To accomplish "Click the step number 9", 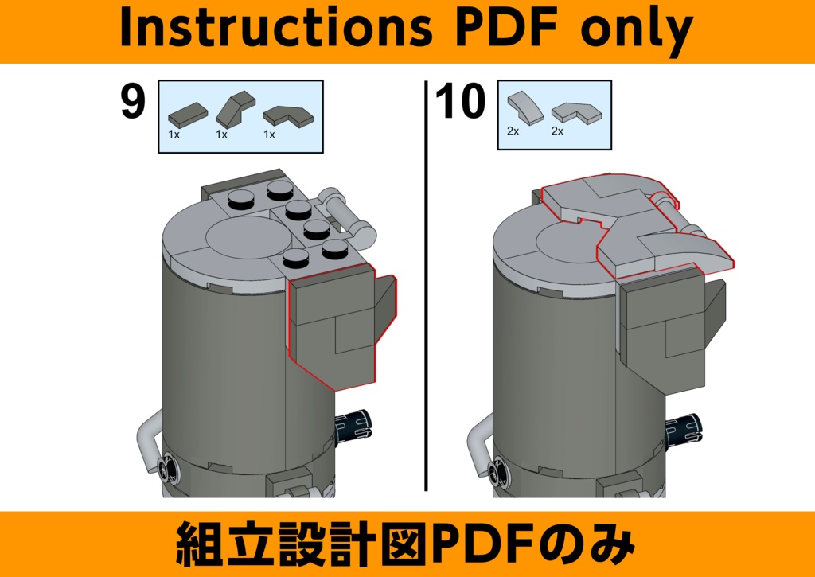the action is tap(133, 101).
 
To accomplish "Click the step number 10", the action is tap(461, 101).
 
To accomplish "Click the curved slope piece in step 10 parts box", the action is tap(525, 107).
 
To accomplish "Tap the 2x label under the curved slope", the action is tap(513, 131).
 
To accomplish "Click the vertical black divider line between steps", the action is tap(427, 286).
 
